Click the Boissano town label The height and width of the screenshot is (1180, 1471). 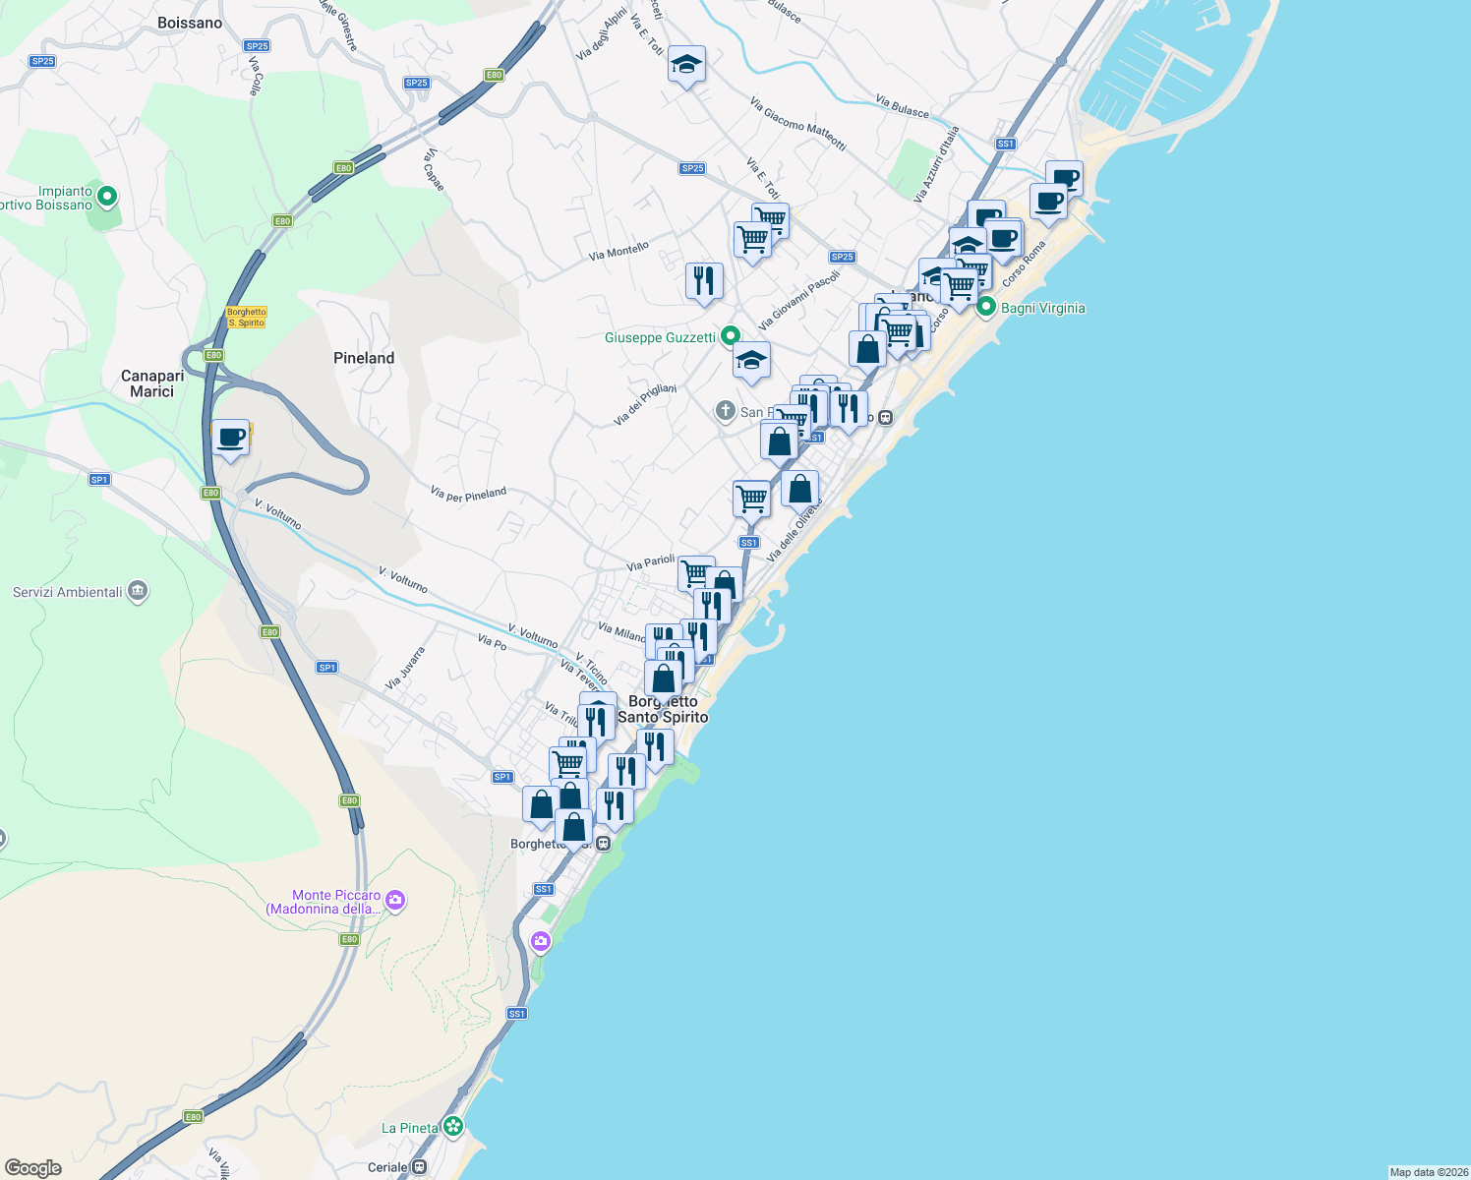coord(190,23)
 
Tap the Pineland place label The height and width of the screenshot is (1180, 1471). coord(364,358)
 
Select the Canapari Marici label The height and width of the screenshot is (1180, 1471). coord(152,383)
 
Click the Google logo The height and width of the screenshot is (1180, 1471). coord(33,1168)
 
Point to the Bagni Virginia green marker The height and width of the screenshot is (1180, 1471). coord(986,307)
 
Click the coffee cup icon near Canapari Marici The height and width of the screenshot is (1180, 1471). coord(231,437)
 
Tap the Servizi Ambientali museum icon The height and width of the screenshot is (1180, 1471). coord(138,591)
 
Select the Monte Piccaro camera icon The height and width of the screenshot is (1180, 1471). coord(394,900)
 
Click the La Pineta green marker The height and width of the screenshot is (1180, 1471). coord(452,1126)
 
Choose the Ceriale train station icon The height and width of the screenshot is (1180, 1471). coord(420,1167)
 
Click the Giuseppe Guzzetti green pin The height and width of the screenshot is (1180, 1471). coord(730,336)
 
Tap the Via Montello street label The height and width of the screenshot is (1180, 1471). coord(618,251)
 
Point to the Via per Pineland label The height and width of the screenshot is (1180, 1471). coord(468,494)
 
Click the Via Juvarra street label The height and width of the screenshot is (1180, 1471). coord(405,668)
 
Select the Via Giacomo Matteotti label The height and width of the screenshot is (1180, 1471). coord(797,123)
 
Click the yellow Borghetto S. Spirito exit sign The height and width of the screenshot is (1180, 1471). coord(246,317)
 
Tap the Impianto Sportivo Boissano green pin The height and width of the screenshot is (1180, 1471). coord(107,197)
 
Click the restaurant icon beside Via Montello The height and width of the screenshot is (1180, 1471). coord(704,281)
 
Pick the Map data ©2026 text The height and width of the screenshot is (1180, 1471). coord(1428,1172)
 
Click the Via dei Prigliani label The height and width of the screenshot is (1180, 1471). coord(645,404)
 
